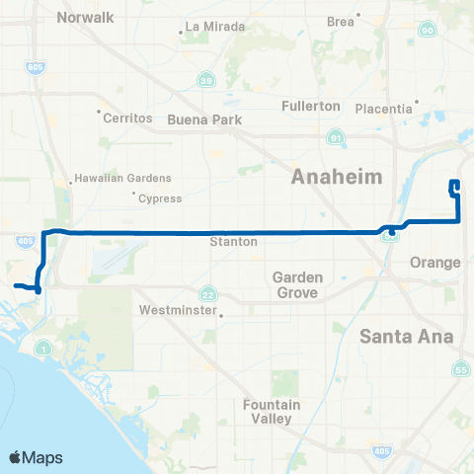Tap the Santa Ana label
tap(406, 336)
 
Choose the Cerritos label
tap(128, 118)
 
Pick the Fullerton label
tap(310, 106)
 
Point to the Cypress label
tap(160, 197)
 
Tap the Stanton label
tap(234, 241)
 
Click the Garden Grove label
tap(296, 285)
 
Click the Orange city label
tap(435, 263)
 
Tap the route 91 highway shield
tap(337, 139)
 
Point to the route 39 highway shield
tap(205, 80)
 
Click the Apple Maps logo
tap(36, 457)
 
